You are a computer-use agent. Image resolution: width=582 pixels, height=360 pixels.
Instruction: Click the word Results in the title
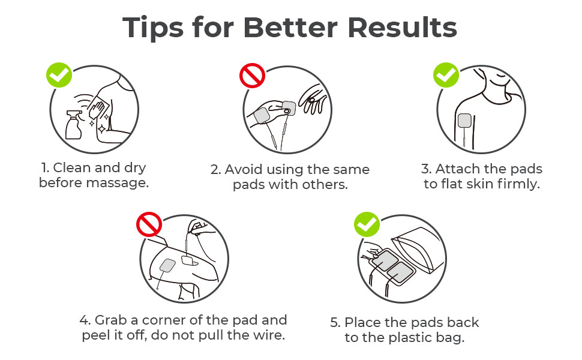(403, 27)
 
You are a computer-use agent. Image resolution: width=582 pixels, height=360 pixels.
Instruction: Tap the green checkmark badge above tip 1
(59, 74)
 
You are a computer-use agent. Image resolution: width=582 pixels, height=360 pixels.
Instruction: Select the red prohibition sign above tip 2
(252, 76)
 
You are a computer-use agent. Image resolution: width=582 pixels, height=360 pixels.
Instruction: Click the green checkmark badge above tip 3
(446, 74)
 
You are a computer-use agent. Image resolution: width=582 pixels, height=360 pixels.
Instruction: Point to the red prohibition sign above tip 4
(149, 224)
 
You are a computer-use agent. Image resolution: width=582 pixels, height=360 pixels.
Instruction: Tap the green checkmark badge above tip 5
(367, 224)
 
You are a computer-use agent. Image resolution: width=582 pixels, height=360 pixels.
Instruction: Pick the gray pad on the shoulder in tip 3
(464, 121)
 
